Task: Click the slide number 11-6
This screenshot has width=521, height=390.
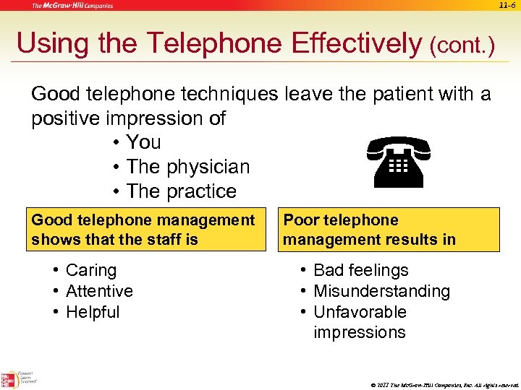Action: (508, 6)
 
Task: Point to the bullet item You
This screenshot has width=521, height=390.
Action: (143, 142)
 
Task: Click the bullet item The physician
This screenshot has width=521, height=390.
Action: (187, 167)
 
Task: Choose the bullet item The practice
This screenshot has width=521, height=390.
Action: (181, 191)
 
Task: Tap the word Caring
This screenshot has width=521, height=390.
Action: (90, 270)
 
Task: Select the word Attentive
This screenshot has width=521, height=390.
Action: (99, 291)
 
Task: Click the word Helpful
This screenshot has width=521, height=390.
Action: (93, 312)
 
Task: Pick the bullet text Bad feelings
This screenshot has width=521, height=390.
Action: (360, 270)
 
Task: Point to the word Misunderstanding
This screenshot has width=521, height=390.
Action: (381, 291)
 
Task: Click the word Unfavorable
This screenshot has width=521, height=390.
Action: (360, 312)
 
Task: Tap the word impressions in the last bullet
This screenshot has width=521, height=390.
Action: (359, 332)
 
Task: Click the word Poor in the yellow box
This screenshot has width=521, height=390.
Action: (300, 220)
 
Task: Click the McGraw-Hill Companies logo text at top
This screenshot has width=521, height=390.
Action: (72, 6)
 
